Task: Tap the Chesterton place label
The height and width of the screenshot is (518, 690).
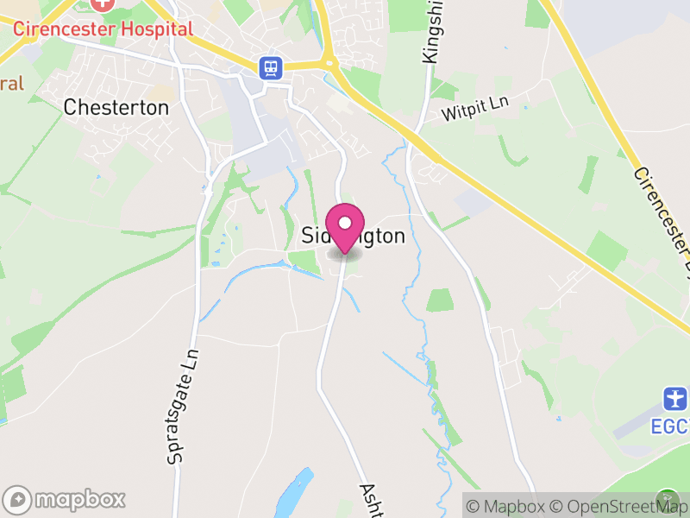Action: point(116,108)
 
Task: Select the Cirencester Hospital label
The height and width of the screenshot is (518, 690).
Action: point(103,28)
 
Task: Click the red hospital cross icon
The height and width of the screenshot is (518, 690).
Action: point(103,3)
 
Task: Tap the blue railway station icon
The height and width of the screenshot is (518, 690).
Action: point(271,67)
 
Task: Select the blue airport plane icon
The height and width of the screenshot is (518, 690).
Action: point(674,399)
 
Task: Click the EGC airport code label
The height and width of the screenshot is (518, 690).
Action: point(671,426)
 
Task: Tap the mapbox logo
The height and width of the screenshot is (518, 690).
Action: point(66,499)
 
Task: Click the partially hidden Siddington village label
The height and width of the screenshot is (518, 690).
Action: point(354,236)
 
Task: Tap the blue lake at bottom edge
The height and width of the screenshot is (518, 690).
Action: point(293,494)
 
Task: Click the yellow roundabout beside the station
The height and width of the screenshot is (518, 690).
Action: point(328,61)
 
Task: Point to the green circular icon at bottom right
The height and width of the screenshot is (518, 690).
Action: point(668,499)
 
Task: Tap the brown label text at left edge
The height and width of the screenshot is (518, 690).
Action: point(10,84)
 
